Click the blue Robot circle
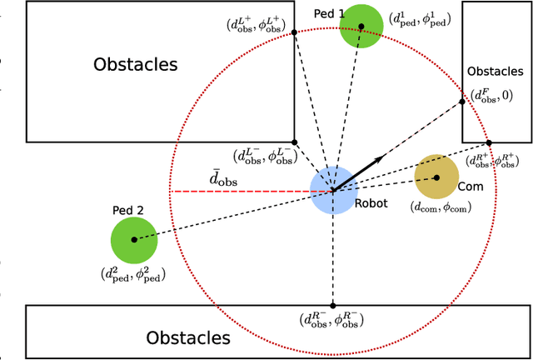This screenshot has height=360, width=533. point(333,191)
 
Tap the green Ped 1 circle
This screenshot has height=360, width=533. point(361,26)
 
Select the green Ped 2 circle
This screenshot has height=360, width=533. point(133,239)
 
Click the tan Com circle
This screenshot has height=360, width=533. point(436,177)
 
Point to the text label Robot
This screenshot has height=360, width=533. point(371,202)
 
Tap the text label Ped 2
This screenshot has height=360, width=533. point(128,211)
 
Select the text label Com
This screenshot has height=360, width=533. point(471,187)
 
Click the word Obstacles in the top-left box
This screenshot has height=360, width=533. point(136,64)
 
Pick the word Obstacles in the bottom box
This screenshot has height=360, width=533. point(188,337)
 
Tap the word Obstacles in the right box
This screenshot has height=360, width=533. point(496,72)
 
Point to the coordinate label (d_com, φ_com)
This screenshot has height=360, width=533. point(441,207)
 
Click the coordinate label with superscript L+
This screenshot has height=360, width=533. point(263,24)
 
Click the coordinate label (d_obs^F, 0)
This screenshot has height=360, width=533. point(491,96)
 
